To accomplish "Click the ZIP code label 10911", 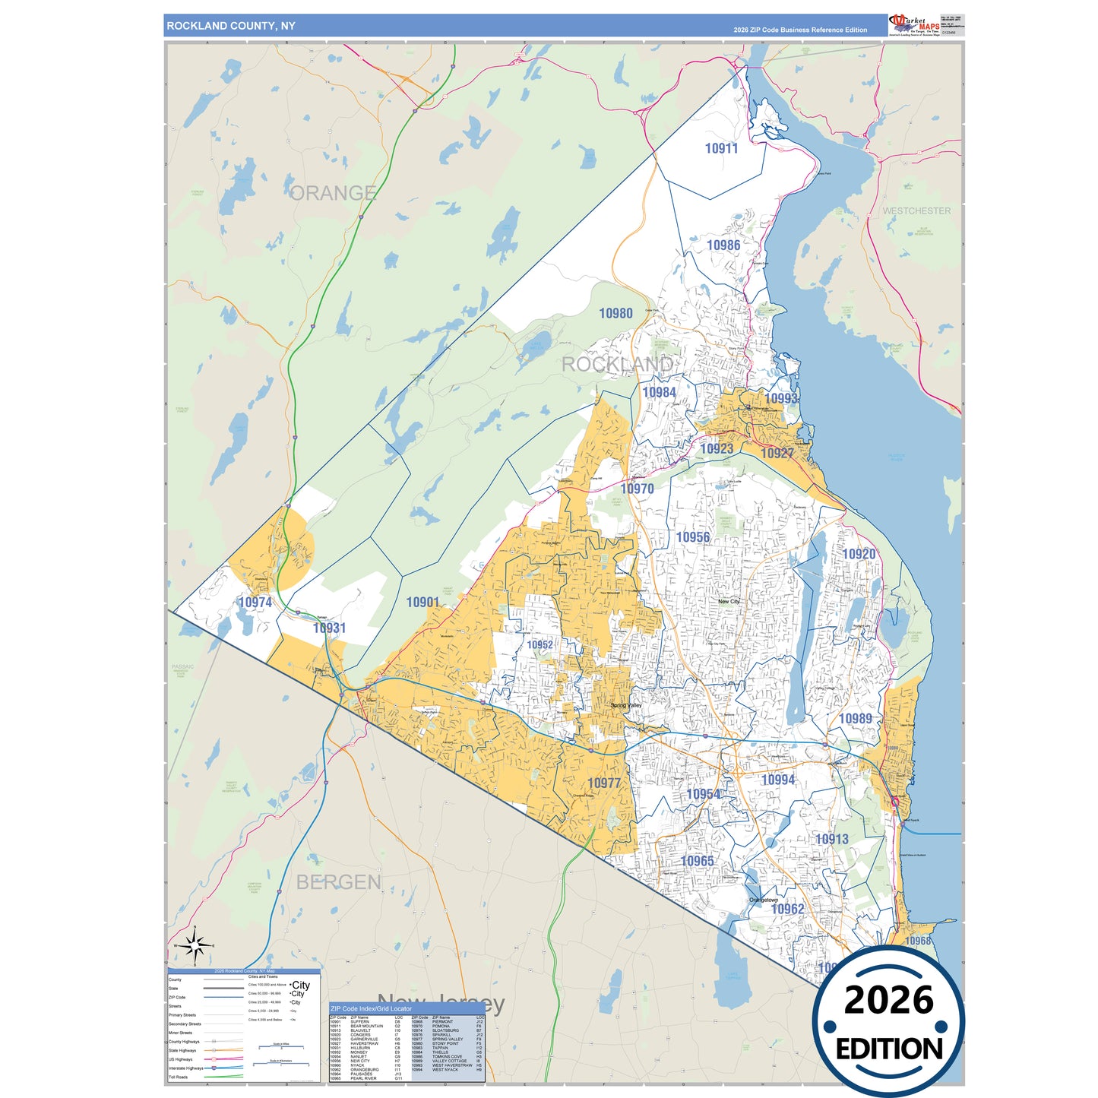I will (x=721, y=149).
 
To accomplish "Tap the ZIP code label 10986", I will (x=723, y=245).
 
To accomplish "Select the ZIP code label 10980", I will (x=615, y=313).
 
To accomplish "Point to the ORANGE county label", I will (x=333, y=193).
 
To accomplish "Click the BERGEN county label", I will (x=338, y=882).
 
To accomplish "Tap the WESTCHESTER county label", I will (x=916, y=211).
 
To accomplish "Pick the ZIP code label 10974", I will (x=255, y=603).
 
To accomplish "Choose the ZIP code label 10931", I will (x=329, y=628).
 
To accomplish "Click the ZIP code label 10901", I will (x=422, y=603).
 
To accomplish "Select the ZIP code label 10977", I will (x=604, y=783).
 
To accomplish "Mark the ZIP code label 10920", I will (x=859, y=555).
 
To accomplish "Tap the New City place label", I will (x=729, y=602).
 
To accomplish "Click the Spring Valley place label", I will (x=627, y=706).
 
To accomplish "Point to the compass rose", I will (x=195, y=946).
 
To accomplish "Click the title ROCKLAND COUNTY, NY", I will (x=231, y=26).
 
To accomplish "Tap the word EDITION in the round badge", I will (x=889, y=1049).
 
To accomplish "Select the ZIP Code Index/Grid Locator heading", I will (x=371, y=1009).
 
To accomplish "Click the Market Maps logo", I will (x=914, y=25).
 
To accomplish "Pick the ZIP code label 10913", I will (x=831, y=840).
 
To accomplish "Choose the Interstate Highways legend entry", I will (x=186, y=1068).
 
